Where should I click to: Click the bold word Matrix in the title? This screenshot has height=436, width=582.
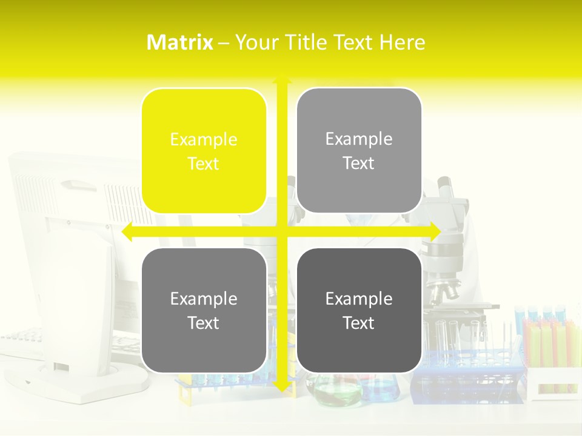tap(179, 42)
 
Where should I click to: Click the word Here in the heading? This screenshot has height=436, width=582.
tap(402, 42)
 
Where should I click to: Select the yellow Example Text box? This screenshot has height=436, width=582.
tap(204, 151)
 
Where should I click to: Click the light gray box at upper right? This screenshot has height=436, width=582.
tap(359, 150)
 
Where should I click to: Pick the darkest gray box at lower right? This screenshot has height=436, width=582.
tap(359, 310)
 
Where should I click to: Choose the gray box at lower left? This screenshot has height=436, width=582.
tap(204, 310)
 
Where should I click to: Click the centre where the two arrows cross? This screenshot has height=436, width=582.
tap(282, 232)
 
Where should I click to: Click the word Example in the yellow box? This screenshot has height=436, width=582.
tap(204, 139)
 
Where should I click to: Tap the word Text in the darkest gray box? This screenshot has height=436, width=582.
tap(359, 323)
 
